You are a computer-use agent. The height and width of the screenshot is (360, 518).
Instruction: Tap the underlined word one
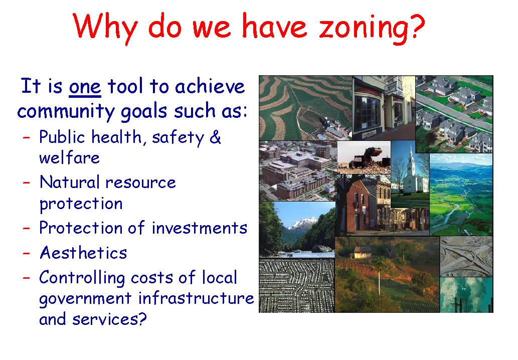point(85,87)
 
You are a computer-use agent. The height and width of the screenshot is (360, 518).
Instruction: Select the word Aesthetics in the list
point(83,253)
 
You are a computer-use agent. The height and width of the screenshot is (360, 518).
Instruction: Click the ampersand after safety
point(215,137)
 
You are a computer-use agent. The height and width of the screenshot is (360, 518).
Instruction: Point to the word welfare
point(69,158)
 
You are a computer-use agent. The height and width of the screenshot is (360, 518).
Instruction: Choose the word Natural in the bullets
point(71,182)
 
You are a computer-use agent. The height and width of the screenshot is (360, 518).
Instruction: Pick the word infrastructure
point(196,298)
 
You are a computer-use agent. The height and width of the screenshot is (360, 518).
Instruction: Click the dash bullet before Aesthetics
point(28,253)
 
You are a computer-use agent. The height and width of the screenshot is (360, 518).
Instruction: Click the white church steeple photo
point(410,173)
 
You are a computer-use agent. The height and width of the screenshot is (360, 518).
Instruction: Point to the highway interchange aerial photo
point(466,256)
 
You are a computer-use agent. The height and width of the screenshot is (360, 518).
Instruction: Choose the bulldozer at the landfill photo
point(364,157)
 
